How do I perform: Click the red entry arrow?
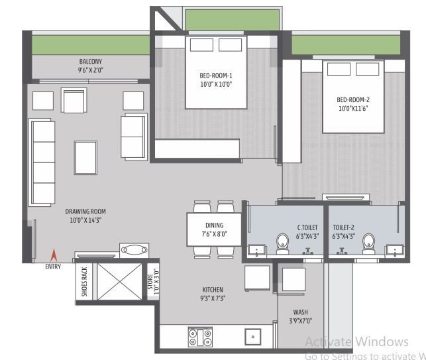[54, 255]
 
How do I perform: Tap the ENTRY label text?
[53, 267]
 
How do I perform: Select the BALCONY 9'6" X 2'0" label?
[91, 66]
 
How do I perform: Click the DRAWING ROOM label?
[85, 211]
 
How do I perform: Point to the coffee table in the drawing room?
[85, 157]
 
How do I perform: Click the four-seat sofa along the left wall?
[42, 162]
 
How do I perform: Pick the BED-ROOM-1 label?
[216, 76]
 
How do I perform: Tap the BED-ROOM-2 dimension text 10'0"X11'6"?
[353, 109]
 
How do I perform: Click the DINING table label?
[215, 225]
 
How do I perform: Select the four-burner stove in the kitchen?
[200, 337]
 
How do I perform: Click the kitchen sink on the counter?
[252, 337]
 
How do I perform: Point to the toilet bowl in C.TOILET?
[282, 243]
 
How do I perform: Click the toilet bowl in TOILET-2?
[368, 243]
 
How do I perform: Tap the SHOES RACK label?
[85, 281]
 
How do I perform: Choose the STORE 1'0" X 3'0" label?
[153, 282]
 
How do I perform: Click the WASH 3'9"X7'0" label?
[301, 316]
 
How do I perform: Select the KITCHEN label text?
[213, 290]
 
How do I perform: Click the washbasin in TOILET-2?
[395, 251]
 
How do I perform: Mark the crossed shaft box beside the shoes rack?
[119, 281]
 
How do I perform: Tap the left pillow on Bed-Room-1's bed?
[201, 45]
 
